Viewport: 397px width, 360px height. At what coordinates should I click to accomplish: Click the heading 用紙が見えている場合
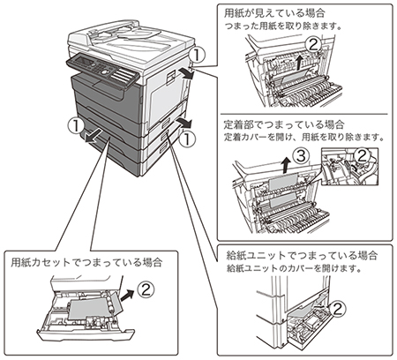(274, 13)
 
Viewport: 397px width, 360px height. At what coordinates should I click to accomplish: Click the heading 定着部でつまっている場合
(284, 124)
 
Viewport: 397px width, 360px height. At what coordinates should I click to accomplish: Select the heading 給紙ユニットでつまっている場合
(302, 255)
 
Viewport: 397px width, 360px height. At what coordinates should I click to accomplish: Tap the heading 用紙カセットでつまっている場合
(86, 262)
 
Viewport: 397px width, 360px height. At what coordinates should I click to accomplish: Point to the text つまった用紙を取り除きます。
(283, 26)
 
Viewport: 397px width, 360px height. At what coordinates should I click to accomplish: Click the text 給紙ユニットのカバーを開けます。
(294, 268)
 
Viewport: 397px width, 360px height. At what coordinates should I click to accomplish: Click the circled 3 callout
(301, 156)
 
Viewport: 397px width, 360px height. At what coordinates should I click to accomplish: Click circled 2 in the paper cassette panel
(146, 289)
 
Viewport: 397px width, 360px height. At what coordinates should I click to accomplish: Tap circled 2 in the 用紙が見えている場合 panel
(312, 45)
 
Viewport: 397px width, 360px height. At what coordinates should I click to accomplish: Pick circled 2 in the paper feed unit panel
(337, 309)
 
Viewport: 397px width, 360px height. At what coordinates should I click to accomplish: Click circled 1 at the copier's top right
(197, 56)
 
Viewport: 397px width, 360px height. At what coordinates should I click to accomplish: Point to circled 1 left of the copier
(75, 125)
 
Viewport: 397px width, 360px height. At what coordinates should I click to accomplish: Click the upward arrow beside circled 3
(285, 165)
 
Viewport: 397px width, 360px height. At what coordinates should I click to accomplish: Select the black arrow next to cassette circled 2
(127, 295)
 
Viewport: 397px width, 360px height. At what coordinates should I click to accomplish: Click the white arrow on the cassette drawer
(94, 137)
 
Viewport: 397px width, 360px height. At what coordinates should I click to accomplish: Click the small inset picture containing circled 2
(349, 166)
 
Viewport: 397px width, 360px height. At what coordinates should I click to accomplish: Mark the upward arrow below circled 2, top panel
(299, 62)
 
